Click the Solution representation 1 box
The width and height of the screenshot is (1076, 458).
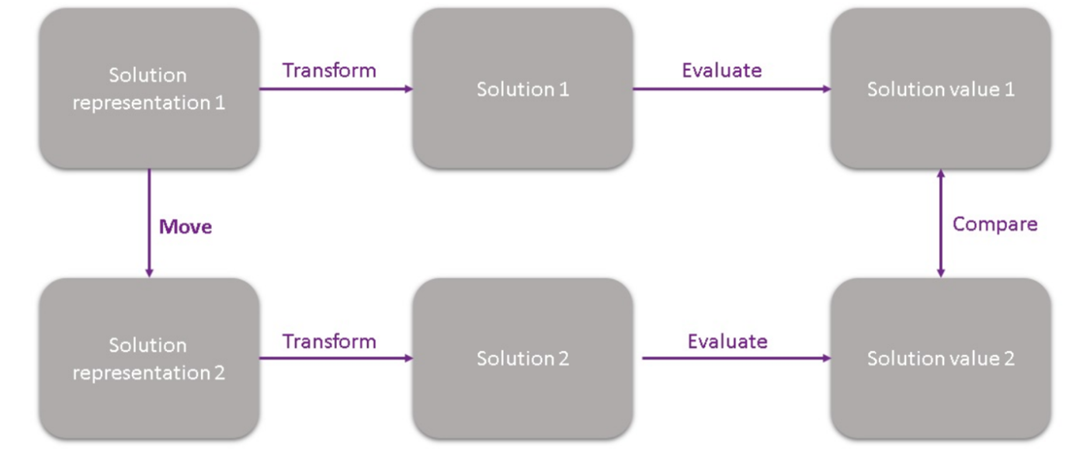[x=149, y=88]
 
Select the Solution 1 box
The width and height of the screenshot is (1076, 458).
[x=522, y=88]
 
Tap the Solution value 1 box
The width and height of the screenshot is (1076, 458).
[x=941, y=88]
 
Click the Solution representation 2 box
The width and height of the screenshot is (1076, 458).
[x=149, y=359]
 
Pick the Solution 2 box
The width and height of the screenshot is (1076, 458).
[x=522, y=359]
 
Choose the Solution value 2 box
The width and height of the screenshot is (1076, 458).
[x=941, y=359]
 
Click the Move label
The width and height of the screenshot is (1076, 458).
[x=186, y=227]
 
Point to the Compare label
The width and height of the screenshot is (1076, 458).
[x=994, y=224]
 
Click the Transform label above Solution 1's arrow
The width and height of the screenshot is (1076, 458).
[x=329, y=71]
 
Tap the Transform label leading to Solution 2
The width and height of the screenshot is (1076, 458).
[x=329, y=342]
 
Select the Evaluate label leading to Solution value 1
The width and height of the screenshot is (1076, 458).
[x=722, y=71]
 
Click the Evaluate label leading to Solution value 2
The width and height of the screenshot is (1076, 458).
[x=727, y=342]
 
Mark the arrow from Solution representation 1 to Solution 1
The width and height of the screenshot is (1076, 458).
[x=336, y=88]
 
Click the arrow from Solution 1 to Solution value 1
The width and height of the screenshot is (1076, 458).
[x=732, y=88]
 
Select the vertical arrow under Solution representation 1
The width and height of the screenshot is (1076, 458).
[x=149, y=224]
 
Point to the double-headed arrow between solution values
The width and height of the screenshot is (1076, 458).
[x=941, y=224]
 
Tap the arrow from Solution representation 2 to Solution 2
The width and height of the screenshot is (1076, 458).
[x=336, y=358]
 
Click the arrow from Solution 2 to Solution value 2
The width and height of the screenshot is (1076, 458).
[x=737, y=358]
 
